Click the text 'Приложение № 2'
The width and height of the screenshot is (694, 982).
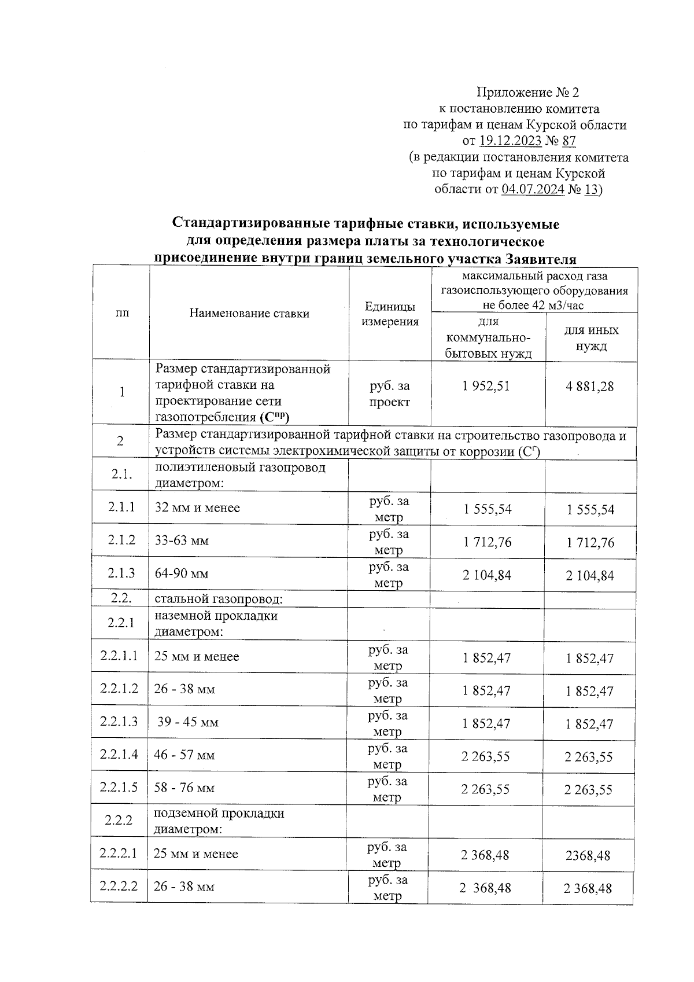coord(527,93)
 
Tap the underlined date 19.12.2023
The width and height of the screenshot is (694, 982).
coord(510,141)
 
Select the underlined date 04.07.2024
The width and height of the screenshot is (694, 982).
coord(533,190)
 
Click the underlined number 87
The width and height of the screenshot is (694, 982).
coord(569,141)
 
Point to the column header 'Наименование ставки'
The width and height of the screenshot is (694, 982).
coord(249,314)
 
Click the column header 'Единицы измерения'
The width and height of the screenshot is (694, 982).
coord(390,314)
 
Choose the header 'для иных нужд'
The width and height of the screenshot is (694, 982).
coord(591,338)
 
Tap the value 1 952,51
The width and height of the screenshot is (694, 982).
coord(486,387)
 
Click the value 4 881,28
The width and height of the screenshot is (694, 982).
coord(590,387)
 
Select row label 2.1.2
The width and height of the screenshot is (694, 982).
coord(121,540)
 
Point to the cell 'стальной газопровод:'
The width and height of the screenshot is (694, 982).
coord(218,599)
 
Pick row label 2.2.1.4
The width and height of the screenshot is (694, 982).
coord(119,755)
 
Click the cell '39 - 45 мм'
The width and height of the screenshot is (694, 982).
coord(187,722)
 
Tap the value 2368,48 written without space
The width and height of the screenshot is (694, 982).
coord(588,855)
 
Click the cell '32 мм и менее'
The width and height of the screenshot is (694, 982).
coord(197,508)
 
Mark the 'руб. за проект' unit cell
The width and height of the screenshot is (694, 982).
coord(389,394)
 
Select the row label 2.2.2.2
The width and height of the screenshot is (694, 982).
coord(119,886)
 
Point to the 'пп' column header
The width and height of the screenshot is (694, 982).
coord(122,314)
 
